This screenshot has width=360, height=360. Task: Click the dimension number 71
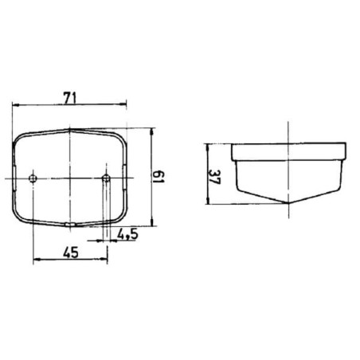click(70, 98)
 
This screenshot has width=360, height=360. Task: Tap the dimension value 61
click(159, 177)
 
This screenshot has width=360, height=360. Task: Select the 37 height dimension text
click(214, 177)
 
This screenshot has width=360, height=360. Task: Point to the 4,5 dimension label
click(127, 234)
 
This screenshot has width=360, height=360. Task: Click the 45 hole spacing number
click(71, 252)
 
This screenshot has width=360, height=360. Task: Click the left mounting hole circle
click(33, 178)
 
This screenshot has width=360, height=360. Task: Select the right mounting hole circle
click(106, 178)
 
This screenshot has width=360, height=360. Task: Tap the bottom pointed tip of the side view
click(288, 203)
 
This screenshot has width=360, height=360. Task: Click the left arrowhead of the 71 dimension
click(16, 105)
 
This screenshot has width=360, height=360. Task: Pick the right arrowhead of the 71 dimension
click(123, 104)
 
